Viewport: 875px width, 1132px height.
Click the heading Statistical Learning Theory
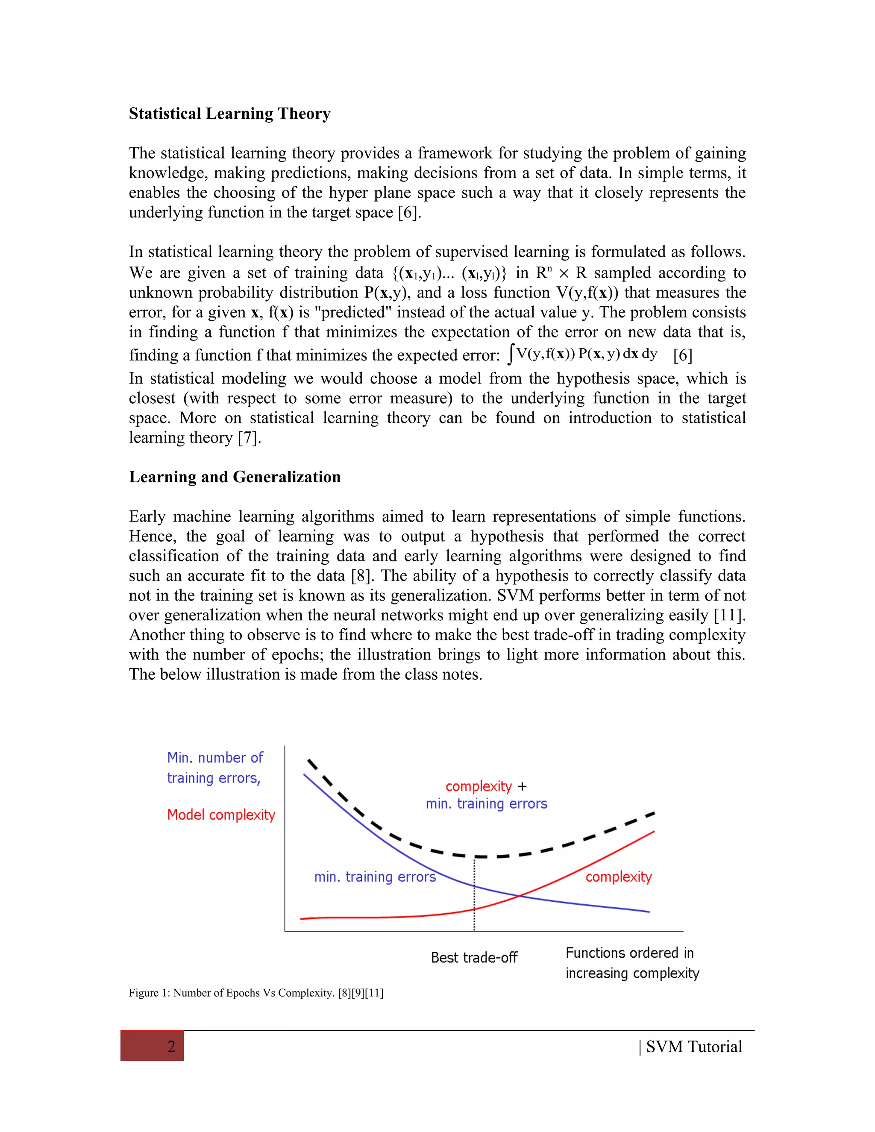(229, 114)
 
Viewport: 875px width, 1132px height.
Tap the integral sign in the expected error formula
(511, 354)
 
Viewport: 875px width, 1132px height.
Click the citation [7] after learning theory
(248, 438)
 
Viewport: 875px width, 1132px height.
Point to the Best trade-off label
(474, 957)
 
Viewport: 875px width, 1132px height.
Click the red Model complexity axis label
(221, 815)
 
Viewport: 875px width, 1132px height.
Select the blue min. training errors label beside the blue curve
(375, 877)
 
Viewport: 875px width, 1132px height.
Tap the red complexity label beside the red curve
(618, 877)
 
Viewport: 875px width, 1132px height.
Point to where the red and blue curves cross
(520, 895)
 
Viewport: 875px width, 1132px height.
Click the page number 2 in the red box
(171, 1047)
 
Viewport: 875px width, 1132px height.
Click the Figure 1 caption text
(256, 993)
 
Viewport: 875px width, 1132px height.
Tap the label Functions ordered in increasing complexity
(631, 962)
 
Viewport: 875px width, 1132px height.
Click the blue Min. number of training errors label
(214, 768)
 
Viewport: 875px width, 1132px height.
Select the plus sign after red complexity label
(522, 787)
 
